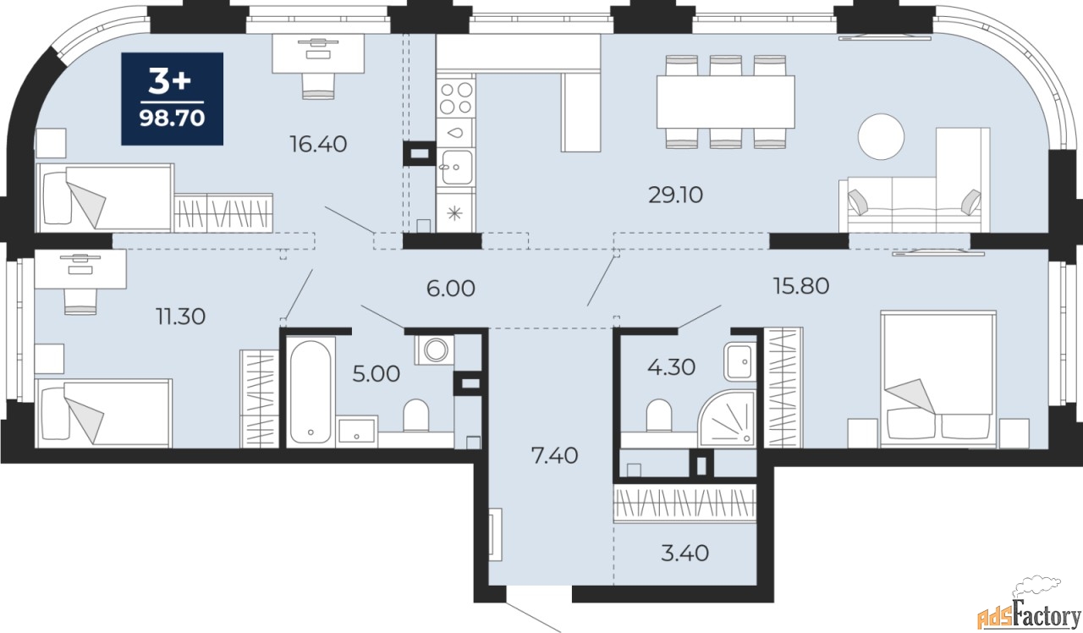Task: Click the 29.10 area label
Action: click(x=675, y=195)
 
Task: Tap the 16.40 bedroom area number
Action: click(x=318, y=144)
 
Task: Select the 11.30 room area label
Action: click(x=180, y=316)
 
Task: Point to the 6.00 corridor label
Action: click(x=451, y=289)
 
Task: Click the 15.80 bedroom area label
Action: click(x=801, y=286)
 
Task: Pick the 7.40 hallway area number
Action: click(x=554, y=456)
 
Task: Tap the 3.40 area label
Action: click(x=684, y=553)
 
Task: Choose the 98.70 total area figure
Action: click(x=172, y=118)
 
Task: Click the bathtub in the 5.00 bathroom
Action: click(x=310, y=392)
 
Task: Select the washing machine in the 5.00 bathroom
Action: click(x=435, y=350)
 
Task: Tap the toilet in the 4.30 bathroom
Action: click(x=659, y=415)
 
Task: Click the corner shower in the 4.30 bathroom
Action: click(x=727, y=418)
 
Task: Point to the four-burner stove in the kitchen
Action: click(x=456, y=98)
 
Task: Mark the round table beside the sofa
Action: click(x=881, y=136)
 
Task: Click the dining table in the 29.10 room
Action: click(x=726, y=102)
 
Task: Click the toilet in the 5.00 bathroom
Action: click(x=415, y=415)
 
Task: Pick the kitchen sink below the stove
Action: click(x=456, y=168)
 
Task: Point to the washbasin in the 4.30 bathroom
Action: click(x=739, y=361)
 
